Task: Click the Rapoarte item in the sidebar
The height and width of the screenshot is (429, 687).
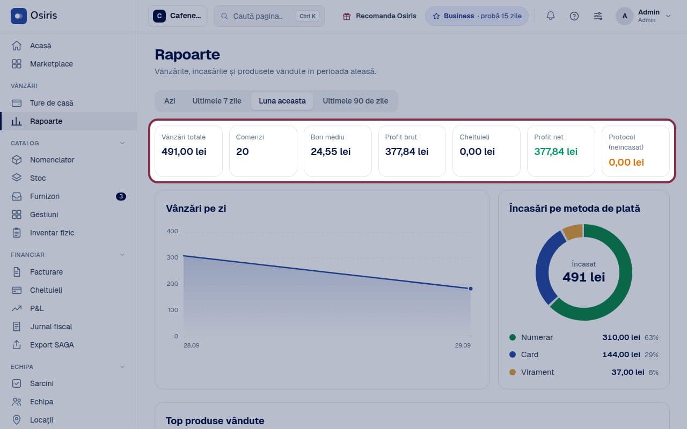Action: pyautogui.click(x=46, y=121)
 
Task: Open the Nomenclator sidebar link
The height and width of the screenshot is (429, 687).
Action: pyautogui.click(x=52, y=160)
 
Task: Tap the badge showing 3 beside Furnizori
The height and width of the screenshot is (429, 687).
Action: pyautogui.click(x=121, y=196)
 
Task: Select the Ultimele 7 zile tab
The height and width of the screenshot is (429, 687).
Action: pyautogui.click(x=217, y=101)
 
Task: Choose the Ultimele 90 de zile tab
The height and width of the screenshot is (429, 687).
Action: pyautogui.click(x=355, y=101)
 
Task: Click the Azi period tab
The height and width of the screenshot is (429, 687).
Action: pyautogui.click(x=170, y=101)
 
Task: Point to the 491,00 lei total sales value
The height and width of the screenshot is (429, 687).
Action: pyautogui.click(x=184, y=152)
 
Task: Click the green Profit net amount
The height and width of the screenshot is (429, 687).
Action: pyautogui.click(x=556, y=152)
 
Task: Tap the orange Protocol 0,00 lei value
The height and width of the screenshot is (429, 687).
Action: pyautogui.click(x=626, y=162)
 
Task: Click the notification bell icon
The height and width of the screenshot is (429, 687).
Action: pyautogui.click(x=551, y=16)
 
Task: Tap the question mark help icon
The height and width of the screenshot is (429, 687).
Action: pyautogui.click(x=574, y=16)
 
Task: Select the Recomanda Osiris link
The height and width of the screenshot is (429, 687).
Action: pyautogui.click(x=379, y=16)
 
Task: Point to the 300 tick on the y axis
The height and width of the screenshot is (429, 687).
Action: pyautogui.click(x=172, y=257)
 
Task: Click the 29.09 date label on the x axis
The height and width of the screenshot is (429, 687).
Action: pyautogui.click(x=463, y=345)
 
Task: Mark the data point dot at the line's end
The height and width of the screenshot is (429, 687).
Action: pyautogui.click(x=471, y=289)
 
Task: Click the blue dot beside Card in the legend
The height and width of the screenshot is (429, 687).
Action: pyautogui.click(x=512, y=354)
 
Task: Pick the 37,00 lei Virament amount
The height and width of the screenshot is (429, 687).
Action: pyautogui.click(x=627, y=372)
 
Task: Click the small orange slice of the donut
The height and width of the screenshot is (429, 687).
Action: pyautogui.click(x=572, y=232)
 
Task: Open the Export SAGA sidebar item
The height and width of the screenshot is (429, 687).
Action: pyautogui.click(x=52, y=345)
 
